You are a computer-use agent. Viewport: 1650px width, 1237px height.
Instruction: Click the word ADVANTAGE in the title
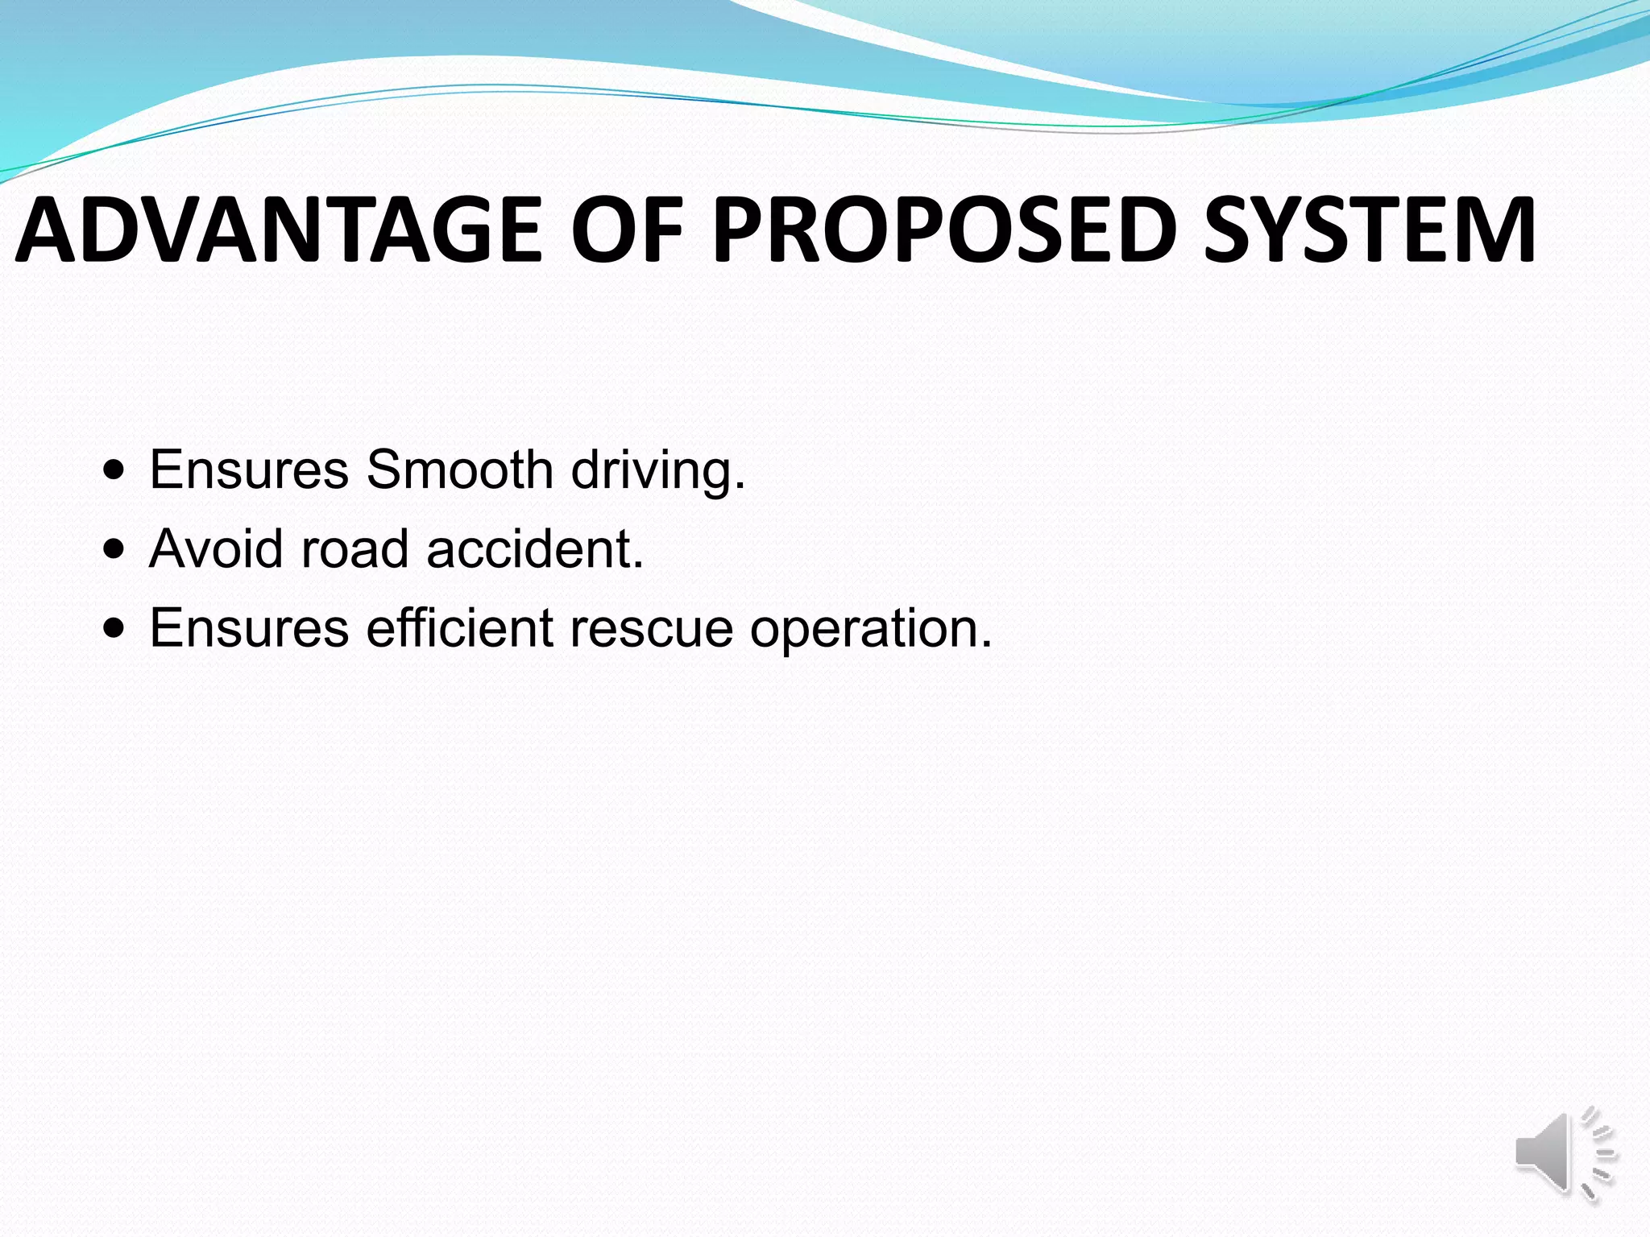coord(278,230)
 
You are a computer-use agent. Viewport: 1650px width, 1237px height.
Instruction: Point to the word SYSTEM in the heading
coord(1370,230)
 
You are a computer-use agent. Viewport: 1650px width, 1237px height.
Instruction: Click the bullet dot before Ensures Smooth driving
coord(114,470)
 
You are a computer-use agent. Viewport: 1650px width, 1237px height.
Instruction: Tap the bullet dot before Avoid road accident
coord(114,548)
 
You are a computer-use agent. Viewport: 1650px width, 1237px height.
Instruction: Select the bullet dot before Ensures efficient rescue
coord(114,627)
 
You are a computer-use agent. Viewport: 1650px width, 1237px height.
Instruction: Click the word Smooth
coord(459,470)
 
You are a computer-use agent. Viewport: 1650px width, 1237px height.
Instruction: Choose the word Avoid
coord(216,548)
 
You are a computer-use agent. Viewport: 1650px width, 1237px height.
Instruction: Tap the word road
coord(354,548)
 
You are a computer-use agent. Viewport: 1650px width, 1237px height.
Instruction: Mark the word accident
coord(528,548)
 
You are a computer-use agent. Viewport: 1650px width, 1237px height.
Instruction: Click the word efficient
coord(459,627)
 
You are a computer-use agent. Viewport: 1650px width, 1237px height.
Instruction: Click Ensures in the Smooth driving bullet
coord(249,470)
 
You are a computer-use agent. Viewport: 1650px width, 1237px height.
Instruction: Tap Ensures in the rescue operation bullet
coord(249,627)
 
